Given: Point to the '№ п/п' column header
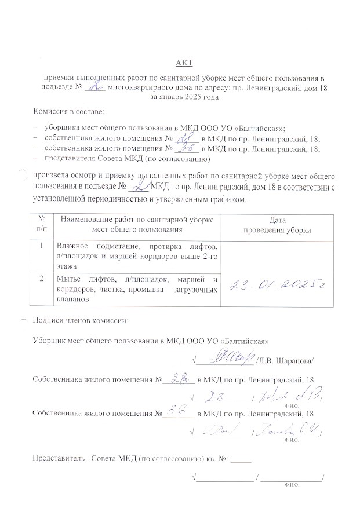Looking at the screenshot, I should click(41, 225).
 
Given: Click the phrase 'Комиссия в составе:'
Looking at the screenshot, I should click(67, 112).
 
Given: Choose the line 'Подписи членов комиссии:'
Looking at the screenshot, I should click(80, 320).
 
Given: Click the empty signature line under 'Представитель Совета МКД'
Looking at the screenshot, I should click(227, 478).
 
